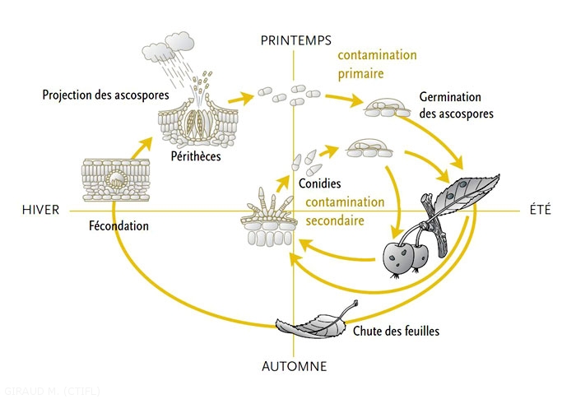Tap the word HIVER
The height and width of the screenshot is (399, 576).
tap(41, 210)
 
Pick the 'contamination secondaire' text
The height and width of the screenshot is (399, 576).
tap(345, 210)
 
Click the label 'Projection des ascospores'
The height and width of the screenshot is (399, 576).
tap(105, 95)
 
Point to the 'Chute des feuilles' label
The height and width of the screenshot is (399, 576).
tap(396, 332)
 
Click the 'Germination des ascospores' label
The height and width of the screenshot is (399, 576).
tap(456, 105)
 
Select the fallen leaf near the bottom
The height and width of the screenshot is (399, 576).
tap(314, 323)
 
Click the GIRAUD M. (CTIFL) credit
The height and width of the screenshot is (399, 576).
tap(52, 390)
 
